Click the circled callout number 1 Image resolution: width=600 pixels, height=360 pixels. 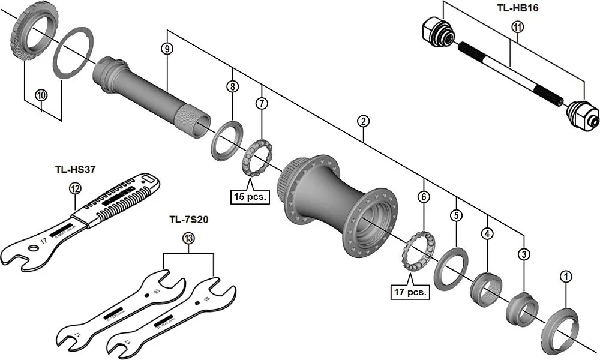(565, 276)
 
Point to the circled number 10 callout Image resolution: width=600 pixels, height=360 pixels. (41, 95)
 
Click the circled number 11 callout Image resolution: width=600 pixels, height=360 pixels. (517, 27)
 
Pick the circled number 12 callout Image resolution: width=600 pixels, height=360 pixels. (74, 188)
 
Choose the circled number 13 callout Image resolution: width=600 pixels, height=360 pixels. (188, 239)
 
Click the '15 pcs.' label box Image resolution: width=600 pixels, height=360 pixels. (249, 196)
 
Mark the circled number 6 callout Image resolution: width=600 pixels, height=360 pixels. (424, 197)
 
